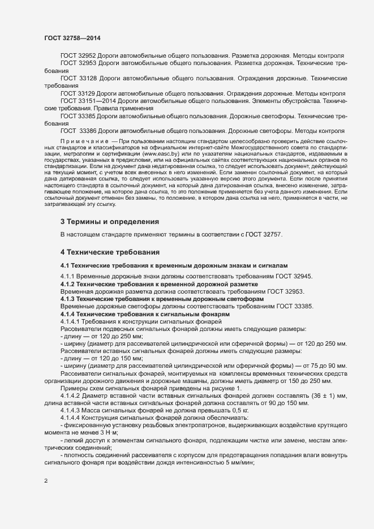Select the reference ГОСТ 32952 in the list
coord(78,57)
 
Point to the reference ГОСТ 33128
coord(78,78)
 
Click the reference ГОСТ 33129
coord(78,92)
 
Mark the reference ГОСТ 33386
coord(79,130)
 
